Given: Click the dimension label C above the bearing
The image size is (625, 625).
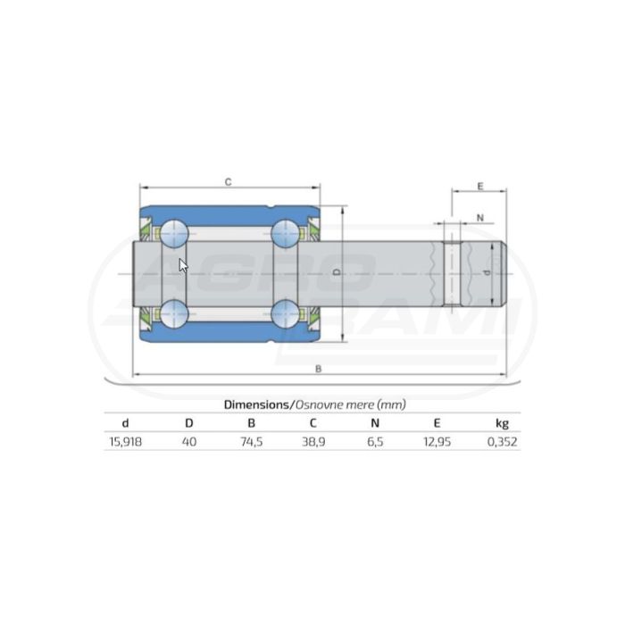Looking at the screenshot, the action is click(x=228, y=182).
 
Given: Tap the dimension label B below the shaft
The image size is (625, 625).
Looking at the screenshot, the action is click(x=318, y=369).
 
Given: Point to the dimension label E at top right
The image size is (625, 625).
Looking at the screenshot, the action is click(x=480, y=187).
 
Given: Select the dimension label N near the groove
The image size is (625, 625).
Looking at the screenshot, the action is click(x=480, y=218).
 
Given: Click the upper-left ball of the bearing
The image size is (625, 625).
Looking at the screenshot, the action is click(x=174, y=233).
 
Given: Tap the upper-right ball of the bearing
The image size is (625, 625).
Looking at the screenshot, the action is click(x=285, y=233).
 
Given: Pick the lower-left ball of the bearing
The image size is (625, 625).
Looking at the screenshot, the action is click(x=174, y=313).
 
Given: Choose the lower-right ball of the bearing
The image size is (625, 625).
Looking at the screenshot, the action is click(x=285, y=313).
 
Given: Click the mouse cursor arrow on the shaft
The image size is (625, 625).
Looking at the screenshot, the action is click(x=183, y=265).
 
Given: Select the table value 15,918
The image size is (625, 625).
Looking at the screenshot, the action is click(x=126, y=442).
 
